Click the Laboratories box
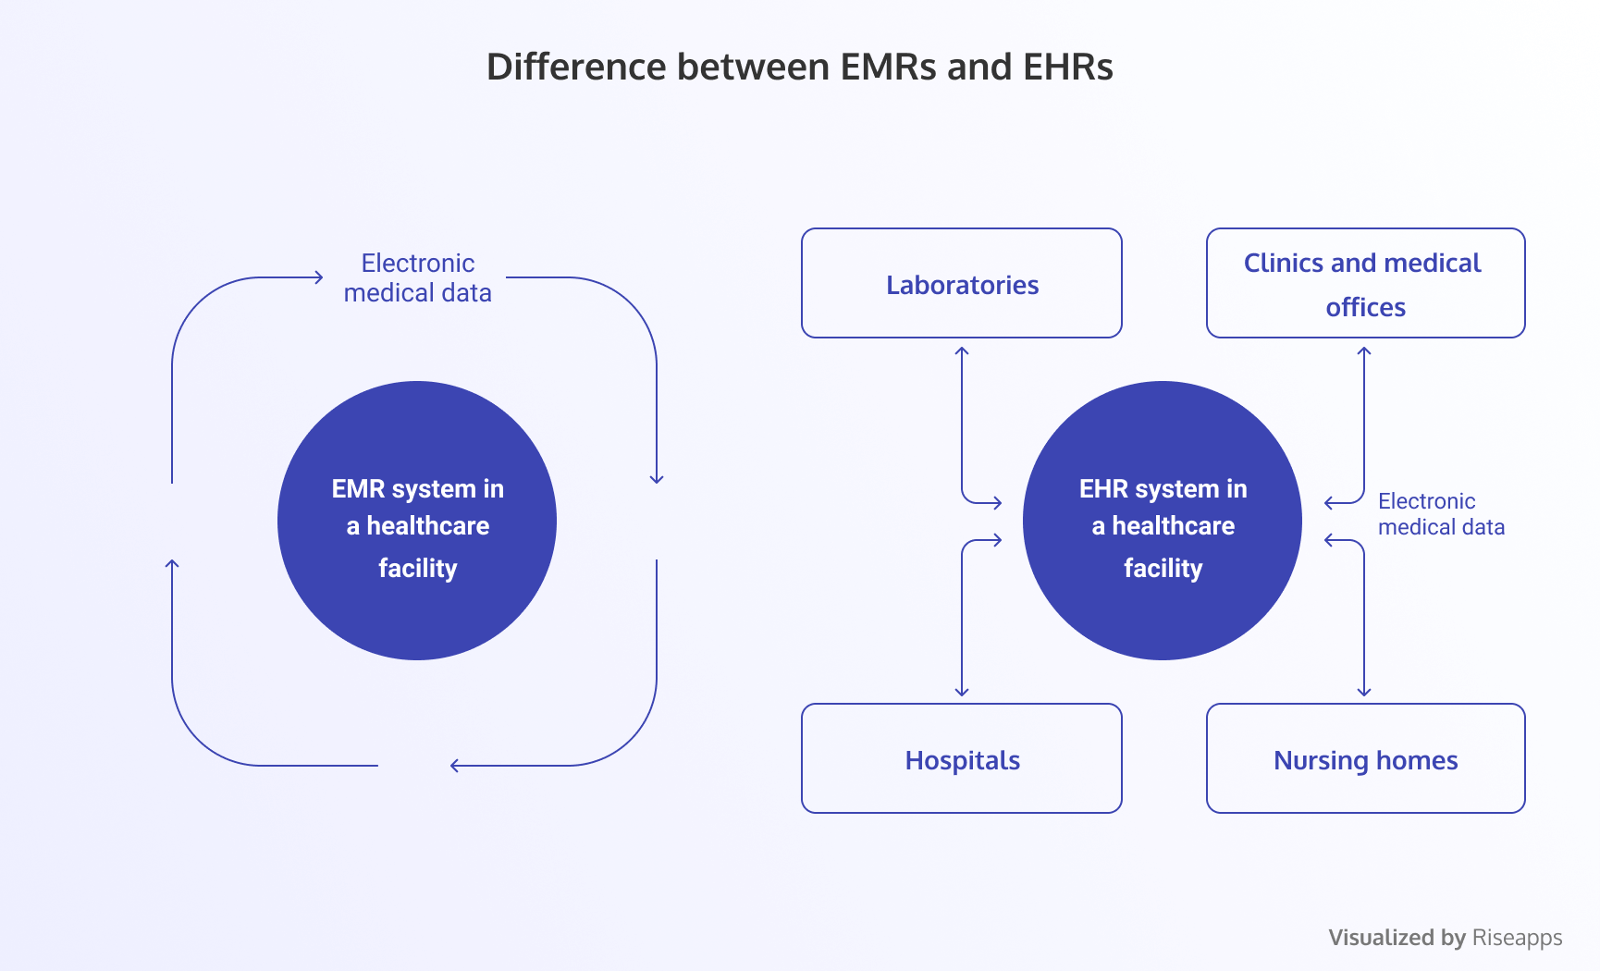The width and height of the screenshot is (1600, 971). click(962, 283)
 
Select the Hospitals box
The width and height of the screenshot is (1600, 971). click(962, 758)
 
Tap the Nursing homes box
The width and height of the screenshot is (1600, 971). click(1366, 758)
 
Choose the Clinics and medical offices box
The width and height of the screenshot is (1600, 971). click(1366, 283)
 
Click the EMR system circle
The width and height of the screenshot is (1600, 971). click(417, 521)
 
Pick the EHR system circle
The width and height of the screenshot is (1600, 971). click(1163, 521)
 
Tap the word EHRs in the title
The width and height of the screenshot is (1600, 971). click(1068, 67)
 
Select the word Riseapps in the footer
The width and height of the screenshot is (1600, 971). click(1517, 938)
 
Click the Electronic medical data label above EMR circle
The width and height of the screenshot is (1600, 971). click(418, 277)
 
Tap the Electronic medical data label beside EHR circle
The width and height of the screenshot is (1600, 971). click(1441, 514)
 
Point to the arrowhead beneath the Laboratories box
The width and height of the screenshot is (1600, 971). click(962, 351)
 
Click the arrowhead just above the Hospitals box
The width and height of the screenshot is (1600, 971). click(962, 691)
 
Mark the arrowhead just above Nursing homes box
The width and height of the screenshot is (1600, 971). click(1364, 691)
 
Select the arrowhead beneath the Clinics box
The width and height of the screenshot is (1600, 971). click(1364, 351)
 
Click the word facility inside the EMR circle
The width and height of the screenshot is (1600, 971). click(418, 568)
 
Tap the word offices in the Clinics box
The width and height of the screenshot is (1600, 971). click(1366, 307)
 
